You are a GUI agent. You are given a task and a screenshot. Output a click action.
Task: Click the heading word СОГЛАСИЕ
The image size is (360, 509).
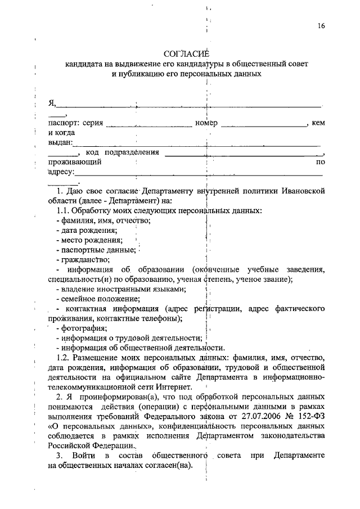pyautogui.click(x=186, y=54)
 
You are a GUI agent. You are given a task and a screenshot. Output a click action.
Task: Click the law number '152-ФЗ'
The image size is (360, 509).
pyautogui.click(x=310, y=417)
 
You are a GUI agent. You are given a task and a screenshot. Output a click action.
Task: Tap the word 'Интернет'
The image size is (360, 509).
pyautogui.click(x=174, y=388)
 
